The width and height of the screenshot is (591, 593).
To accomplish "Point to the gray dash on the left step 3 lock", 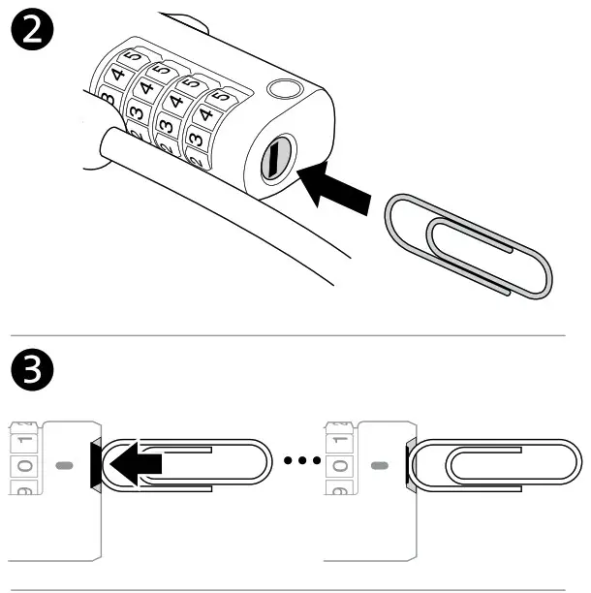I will click(64, 465).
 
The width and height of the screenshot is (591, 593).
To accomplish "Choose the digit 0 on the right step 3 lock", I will click(342, 465).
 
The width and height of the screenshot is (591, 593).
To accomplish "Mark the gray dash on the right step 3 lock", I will click(380, 465).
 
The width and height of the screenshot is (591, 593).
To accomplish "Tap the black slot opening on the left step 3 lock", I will click(94, 463).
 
